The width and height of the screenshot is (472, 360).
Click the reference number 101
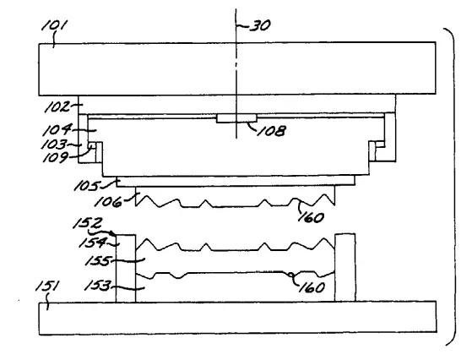tap(56, 26)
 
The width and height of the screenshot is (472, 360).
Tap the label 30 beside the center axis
tap(260, 25)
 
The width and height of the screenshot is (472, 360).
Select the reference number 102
tap(57, 107)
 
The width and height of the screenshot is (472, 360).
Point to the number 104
tap(57, 130)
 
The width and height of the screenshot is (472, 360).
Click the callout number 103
tap(54, 145)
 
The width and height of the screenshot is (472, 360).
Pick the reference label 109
tap(56, 157)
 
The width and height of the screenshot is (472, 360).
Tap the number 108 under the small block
tap(272, 131)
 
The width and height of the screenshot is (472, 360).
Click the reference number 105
tap(87, 186)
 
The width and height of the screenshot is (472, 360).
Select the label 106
tap(108, 201)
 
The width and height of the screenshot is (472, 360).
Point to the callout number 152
tap(88, 224)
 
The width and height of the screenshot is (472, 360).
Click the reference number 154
tap(93, 243)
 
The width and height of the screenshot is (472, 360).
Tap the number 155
tap(98, 260)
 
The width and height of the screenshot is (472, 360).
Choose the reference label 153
tap(98, 286)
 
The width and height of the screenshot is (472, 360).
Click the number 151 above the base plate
tap(47, 286)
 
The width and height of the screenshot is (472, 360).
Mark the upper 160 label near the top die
tap(312, 217)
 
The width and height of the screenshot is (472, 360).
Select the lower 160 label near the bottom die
tap(312, 287)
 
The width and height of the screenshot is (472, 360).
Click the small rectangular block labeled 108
tap(236, 118)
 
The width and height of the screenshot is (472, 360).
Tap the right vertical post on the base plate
tap(345, 268)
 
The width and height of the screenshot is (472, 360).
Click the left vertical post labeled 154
tap(126, 268)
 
